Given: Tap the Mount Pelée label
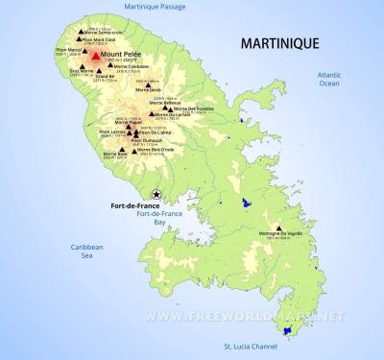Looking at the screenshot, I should tap(119, 55).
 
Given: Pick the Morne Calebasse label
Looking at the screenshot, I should tap(132, 66).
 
